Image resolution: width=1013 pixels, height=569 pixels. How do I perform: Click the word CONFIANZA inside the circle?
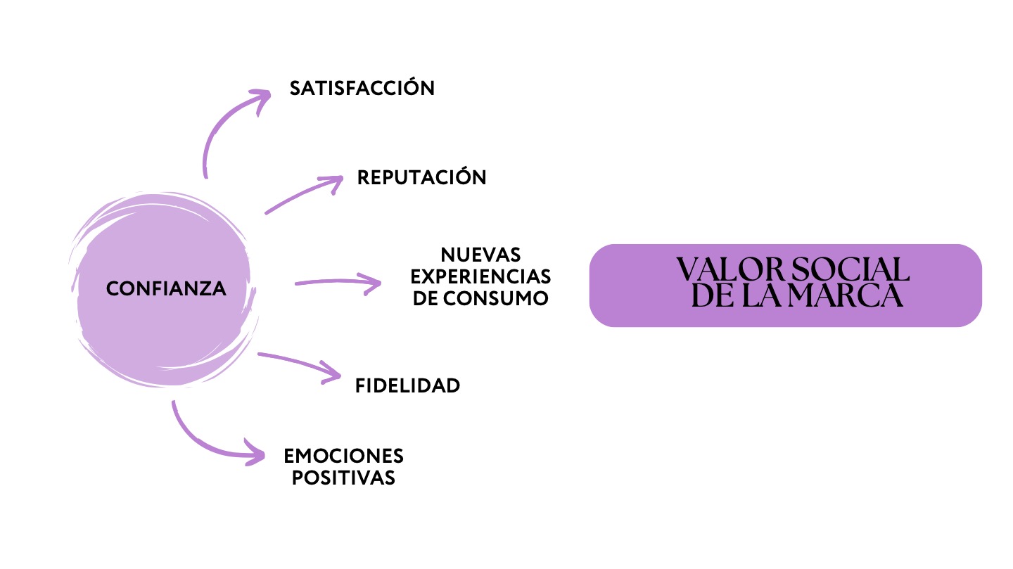click(x=166, y=288)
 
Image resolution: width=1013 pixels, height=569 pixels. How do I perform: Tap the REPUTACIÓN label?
click(x=421, y=177)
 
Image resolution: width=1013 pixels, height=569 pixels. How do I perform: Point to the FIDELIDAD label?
click(x=407, y=386)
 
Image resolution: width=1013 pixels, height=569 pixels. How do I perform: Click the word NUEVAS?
click(x=480, y=255)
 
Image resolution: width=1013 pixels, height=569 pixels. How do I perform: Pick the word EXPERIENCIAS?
click(x=480, y=276)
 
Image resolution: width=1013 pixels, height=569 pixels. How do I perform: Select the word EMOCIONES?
click(x=344, y=456)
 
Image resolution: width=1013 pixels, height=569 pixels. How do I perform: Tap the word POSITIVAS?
click(x=344, y=478)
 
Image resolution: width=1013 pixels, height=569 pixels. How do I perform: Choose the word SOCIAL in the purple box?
click(x=850, y=269)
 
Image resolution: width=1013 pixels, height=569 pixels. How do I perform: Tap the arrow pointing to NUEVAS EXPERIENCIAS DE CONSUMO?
click(x=337, y=281)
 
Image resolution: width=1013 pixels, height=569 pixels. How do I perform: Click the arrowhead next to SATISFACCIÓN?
click(x=261, y=99)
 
